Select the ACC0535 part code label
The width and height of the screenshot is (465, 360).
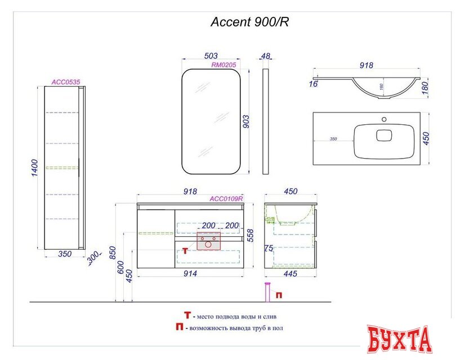click(66, 82)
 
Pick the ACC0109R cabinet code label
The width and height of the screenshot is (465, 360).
click(226, 198)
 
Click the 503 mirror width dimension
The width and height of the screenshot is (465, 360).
click(211, 56)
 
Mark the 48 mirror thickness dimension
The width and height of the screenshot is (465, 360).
click(266, 56)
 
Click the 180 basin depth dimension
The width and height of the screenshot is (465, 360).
click(425, 87)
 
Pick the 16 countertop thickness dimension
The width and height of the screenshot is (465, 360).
click(313, 84)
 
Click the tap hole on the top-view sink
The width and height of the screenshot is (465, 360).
click(385, 119)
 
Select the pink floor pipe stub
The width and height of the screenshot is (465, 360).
click(267, 294)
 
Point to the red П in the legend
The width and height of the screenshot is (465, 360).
click(179, 326)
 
